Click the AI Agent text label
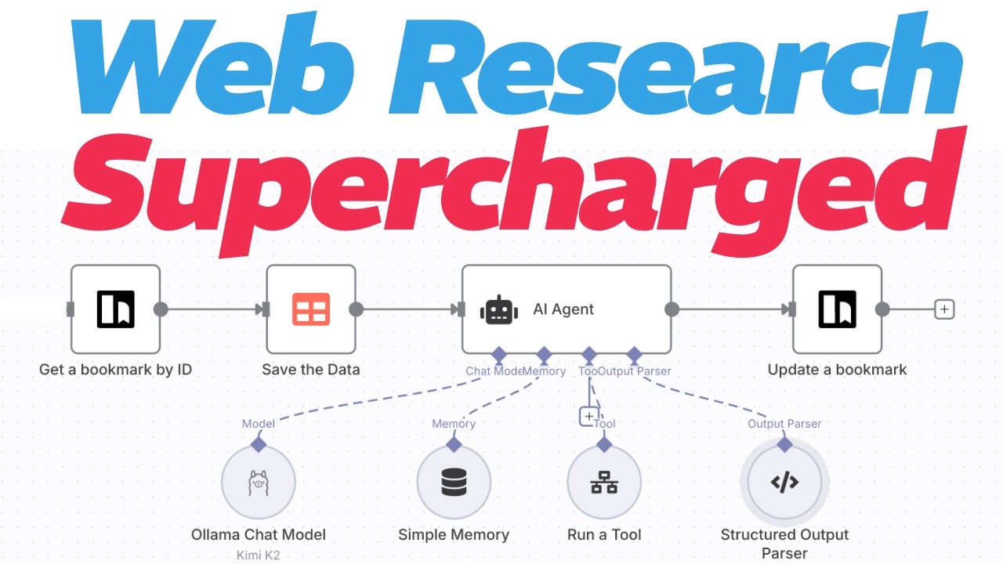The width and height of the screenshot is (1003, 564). [563, 309]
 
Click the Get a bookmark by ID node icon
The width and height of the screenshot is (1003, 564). [116, 309]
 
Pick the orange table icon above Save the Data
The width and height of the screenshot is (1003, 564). [311, 309]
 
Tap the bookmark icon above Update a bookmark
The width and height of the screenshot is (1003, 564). [838, 309]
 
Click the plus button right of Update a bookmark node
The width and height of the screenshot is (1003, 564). [944, 309]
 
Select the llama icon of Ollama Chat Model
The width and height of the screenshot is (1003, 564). [258, 483]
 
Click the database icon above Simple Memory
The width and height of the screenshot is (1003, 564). [454, 483]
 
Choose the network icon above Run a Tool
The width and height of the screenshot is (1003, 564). [604, 483]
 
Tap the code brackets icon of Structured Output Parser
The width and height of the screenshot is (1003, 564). [784, 483]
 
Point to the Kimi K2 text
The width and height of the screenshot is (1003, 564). [258, 555]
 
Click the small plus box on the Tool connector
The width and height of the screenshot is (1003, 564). [588, 416]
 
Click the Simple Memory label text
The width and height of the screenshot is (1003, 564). [454, 536]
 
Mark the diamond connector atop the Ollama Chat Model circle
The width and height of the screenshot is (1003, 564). [258, 444]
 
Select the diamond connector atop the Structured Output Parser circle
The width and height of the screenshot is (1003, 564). [784, 444]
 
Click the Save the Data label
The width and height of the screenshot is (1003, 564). [311, 370]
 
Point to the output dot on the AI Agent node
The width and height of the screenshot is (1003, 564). [672, 309]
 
